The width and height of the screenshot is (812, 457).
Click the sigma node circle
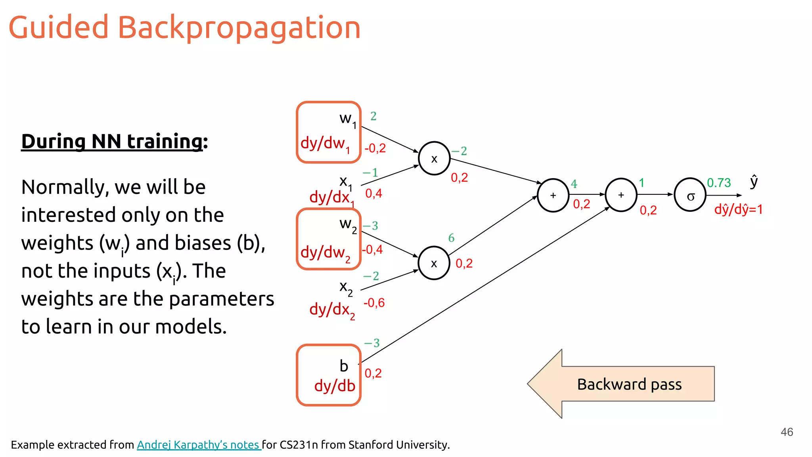[690, 195]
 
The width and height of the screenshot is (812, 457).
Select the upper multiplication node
[434, 158]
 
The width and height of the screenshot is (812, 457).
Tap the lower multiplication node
[434, 263]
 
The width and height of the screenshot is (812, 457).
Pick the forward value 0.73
[718, 183]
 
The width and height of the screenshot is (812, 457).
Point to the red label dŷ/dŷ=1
[738, 209]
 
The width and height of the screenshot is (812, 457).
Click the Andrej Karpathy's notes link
[198, 445]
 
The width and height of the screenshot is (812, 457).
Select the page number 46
[787, 432]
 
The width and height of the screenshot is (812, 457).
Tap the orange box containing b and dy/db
[329, 375]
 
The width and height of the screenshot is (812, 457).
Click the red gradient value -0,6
[374, 303]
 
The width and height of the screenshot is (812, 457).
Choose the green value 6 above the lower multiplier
[451, 238]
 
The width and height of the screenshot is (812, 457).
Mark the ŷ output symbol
[754, 181]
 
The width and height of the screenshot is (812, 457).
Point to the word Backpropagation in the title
[239, 28]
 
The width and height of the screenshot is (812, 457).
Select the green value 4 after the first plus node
[574, 184]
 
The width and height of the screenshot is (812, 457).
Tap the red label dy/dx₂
[332, 310]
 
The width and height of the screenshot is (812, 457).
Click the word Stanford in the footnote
[371, 445]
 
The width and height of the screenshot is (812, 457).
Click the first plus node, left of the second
[553, 195]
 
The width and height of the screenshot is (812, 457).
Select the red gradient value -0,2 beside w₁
[375, 148]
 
